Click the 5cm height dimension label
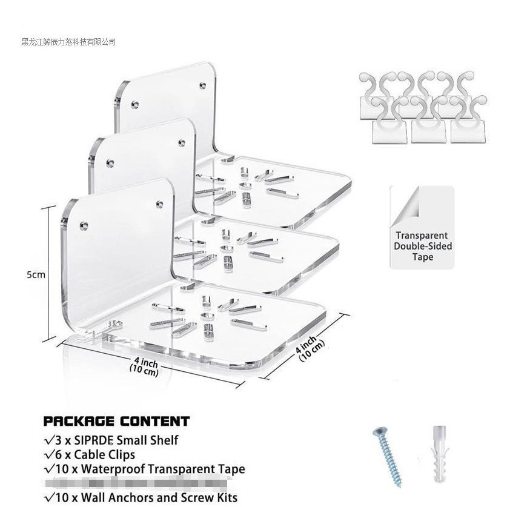[x=36, y=274]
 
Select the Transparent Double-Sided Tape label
[x=423, y=246]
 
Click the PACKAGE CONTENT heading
[x=116, y=422]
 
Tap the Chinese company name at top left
[x=68, y=42]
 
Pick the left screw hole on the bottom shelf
[x=84, y=226]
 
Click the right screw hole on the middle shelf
[x=181, y=143]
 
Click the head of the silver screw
[x=377, y=432]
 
